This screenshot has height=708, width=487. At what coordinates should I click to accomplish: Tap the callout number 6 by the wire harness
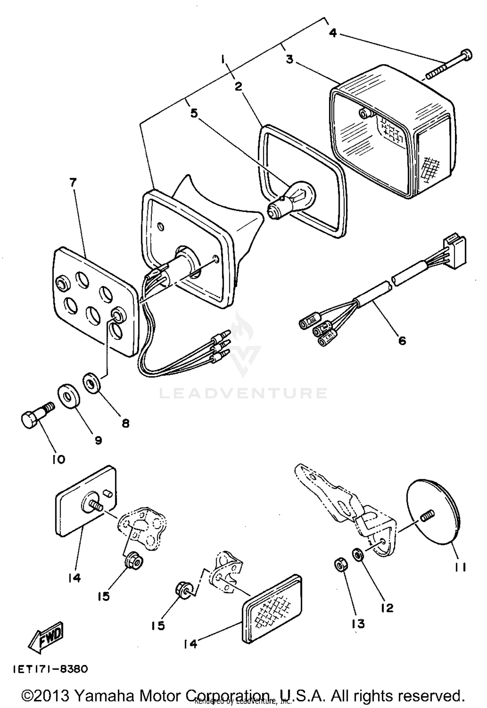pyautogui.click(x=402, y=341)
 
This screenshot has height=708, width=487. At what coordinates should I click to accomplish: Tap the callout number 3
pyautogui.click(x=289, y=59)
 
